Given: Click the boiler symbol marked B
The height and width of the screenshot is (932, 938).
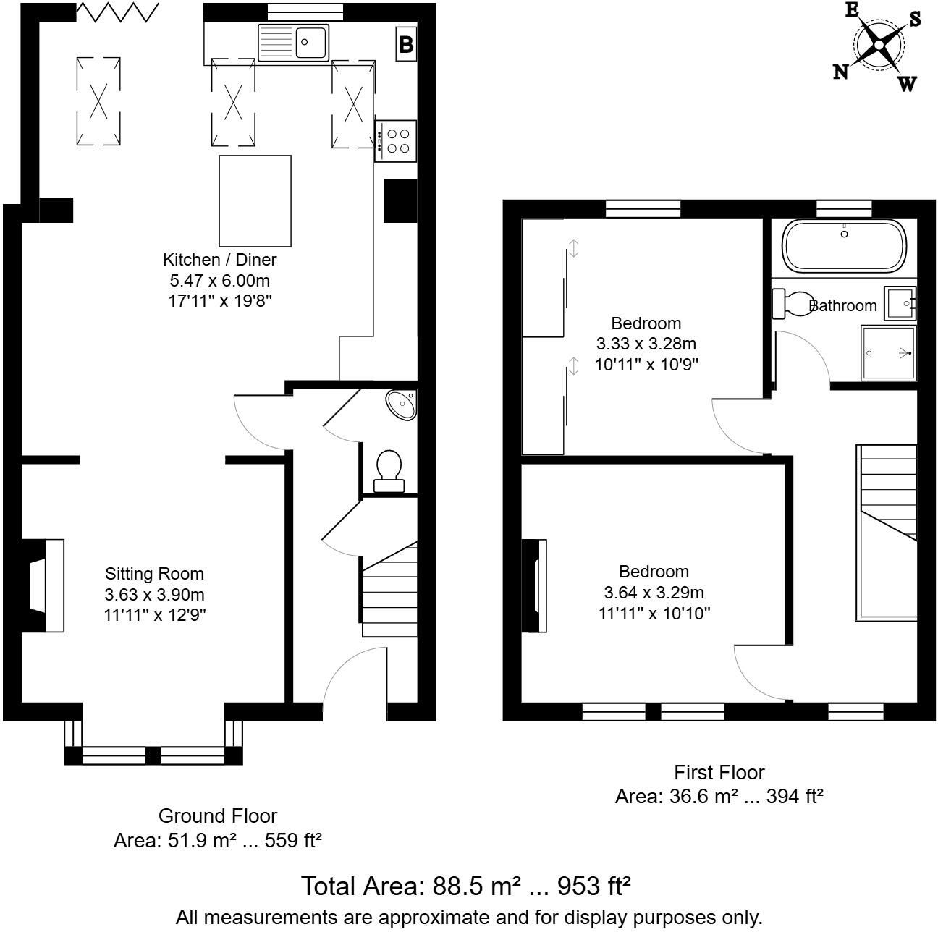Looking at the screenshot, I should point(406,45).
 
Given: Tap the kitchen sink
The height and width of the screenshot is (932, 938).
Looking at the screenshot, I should point(293,42).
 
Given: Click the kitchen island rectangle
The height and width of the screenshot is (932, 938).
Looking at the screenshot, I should point(255,200).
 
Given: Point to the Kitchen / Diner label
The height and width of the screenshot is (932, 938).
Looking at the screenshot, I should point(219,259).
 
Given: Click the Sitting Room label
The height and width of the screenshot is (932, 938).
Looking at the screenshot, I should point(154,574).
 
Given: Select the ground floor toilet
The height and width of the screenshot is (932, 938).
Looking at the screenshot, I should point(389,471).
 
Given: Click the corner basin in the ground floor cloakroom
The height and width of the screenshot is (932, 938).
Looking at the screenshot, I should point(402,404).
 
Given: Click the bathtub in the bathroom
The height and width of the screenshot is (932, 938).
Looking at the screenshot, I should point(844,245).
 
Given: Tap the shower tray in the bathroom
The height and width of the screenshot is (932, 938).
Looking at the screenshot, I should point(888,353).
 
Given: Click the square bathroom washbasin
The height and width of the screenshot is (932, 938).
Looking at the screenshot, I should point(900,302).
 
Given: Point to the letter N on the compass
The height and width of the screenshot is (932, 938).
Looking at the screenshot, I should point(840,71).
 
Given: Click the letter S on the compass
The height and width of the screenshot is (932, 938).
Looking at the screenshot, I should point(915,20).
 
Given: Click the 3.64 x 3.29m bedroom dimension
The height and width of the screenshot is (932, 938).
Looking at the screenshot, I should point(654,593).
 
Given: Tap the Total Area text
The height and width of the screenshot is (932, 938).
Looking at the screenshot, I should point(466,886).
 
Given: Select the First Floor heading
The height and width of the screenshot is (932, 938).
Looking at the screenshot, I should point(719,772).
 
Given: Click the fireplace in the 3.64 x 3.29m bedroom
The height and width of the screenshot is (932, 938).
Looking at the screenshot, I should point(536,586).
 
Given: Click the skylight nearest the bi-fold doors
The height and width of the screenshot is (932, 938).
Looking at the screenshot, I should point(98,101).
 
